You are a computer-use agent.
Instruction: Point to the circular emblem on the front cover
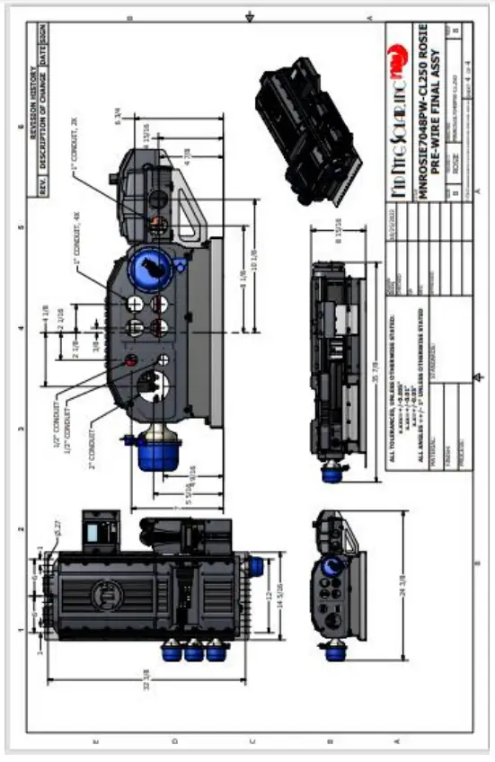(x=102, y=593)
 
